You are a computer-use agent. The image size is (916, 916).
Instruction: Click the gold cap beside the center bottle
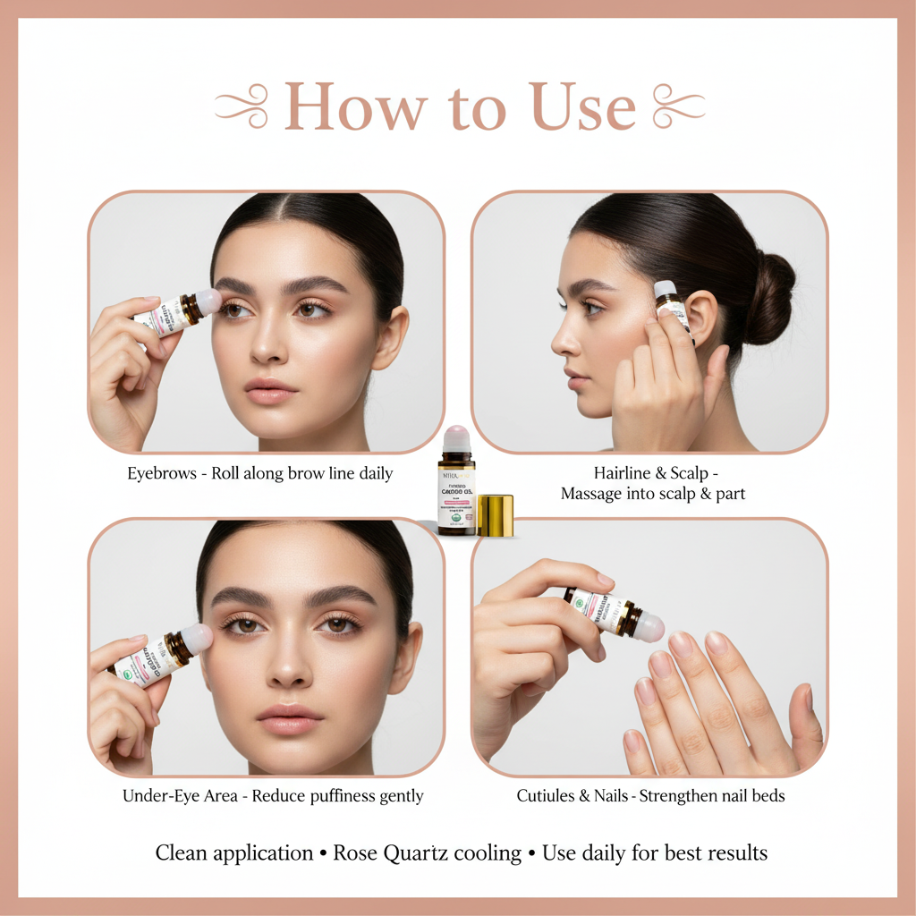pos(496,515)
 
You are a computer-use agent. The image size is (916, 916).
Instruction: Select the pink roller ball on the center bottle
pos(457,438)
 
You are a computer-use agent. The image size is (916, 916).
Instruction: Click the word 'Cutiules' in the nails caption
pos(553,796)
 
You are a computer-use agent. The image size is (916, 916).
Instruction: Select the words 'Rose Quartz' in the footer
pos(382,853)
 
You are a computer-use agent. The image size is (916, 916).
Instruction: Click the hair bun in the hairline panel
pos(768,298)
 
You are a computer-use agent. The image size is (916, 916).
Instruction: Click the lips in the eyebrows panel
pos(270,390)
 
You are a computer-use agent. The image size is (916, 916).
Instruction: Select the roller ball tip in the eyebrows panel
pos(208,301)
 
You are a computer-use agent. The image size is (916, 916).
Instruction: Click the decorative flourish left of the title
pos(242,106)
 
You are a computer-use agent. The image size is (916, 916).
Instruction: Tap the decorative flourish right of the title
pos(679,106)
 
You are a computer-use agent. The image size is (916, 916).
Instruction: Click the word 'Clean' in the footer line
pos(187,853)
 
